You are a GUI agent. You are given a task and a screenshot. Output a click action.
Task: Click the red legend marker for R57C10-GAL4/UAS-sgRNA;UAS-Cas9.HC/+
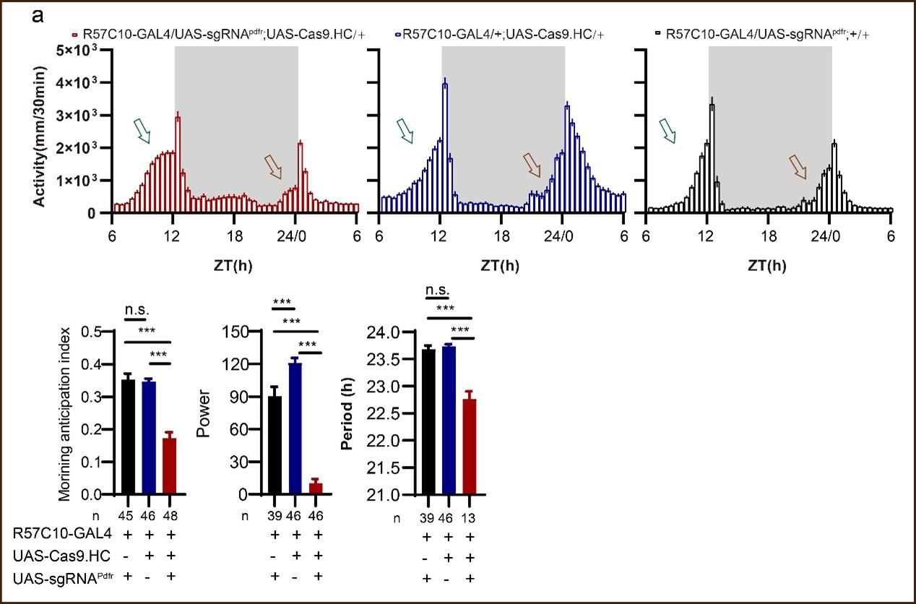click(74, 34)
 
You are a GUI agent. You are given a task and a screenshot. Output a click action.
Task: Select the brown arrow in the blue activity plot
click(532, 165)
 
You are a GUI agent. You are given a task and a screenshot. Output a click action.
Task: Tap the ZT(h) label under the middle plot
click(499, 265)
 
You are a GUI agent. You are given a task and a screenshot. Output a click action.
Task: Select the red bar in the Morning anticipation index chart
click(169, 466)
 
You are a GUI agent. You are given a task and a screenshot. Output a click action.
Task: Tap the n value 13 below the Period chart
click(469, 517)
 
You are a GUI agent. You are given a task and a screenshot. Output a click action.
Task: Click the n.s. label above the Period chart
click(438, 291)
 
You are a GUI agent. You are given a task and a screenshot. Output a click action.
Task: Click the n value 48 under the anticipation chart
click(170, 514)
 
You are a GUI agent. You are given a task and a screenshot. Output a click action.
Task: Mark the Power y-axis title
click(204, 423)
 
